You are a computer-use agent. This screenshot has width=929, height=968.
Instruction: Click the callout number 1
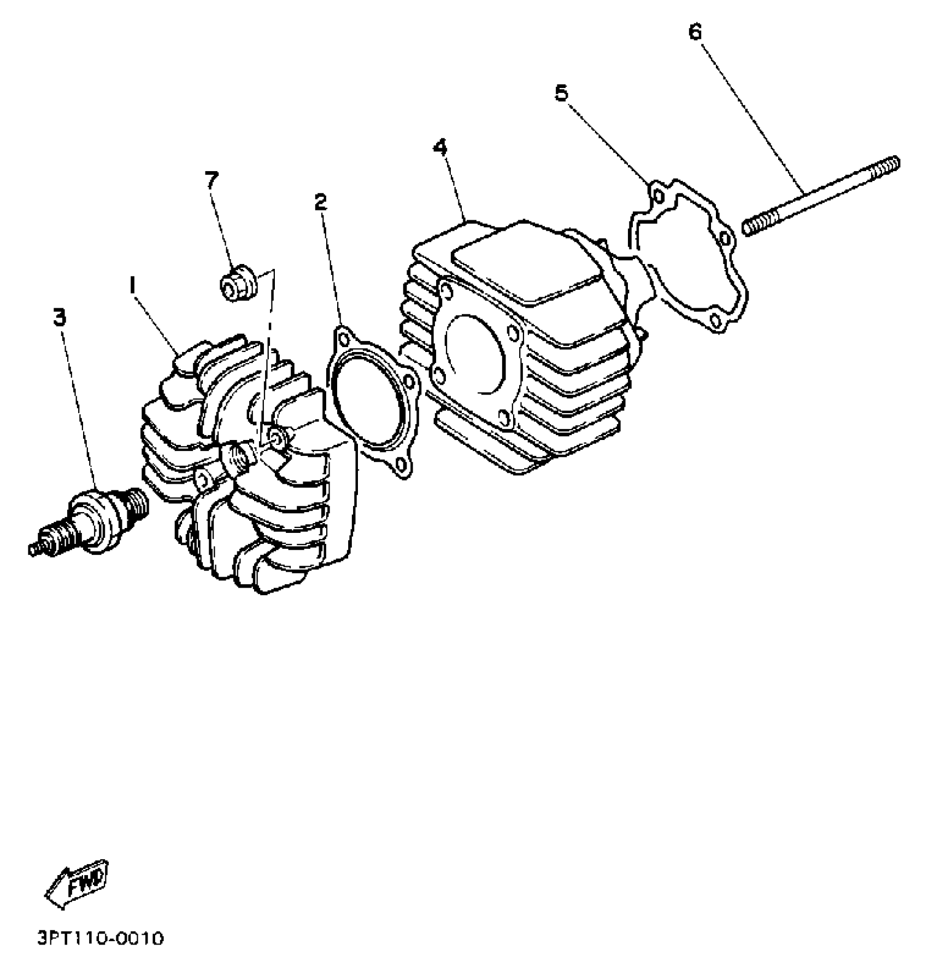[131, 284]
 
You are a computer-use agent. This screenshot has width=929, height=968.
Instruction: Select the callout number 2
[321, 202]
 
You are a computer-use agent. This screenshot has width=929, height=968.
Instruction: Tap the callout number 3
[59, 316]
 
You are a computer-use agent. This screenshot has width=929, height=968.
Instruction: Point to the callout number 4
[440, 148]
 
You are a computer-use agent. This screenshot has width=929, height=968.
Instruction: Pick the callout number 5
[561, 93]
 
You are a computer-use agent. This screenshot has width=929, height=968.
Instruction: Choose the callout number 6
[695, 32]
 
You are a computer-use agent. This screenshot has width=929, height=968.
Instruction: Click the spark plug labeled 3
[93, 519]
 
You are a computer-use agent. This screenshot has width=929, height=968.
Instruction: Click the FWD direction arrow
[77, 885]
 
